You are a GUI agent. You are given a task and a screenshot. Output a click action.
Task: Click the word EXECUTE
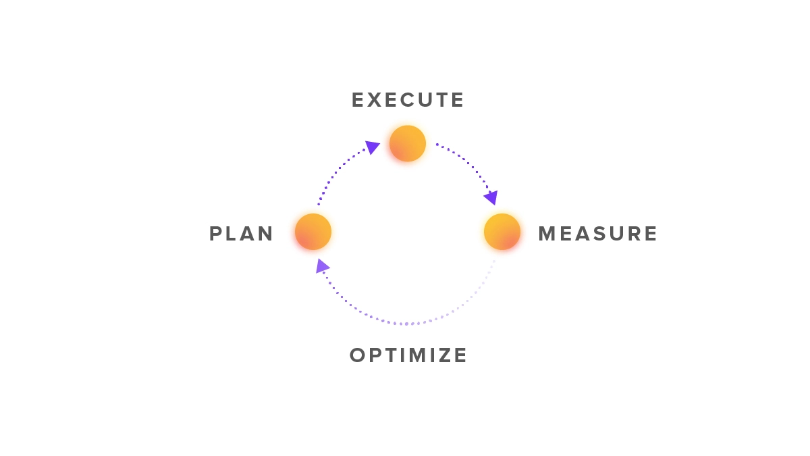click(408, 100)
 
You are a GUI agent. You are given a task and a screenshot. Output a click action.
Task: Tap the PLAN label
click(241, 234)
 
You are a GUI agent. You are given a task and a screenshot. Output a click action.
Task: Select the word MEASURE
click(598, 234)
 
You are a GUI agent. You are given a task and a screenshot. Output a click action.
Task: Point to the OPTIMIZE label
click(408, 355)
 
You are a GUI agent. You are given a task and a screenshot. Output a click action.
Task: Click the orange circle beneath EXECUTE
click(408, 143)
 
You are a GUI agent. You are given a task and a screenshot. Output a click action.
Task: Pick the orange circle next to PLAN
click(313, 232)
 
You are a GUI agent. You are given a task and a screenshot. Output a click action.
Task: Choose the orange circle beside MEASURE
click(502, 232)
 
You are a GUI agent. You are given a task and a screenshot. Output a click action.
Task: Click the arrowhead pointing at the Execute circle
click(372, 147)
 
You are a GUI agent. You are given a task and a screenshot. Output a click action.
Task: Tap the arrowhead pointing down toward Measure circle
click(492, 197)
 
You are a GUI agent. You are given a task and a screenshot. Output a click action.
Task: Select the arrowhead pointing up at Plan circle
click(322, 266)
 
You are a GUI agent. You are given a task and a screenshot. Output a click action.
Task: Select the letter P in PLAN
click(215, 234)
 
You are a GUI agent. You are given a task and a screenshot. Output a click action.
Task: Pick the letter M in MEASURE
click(546, 234)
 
